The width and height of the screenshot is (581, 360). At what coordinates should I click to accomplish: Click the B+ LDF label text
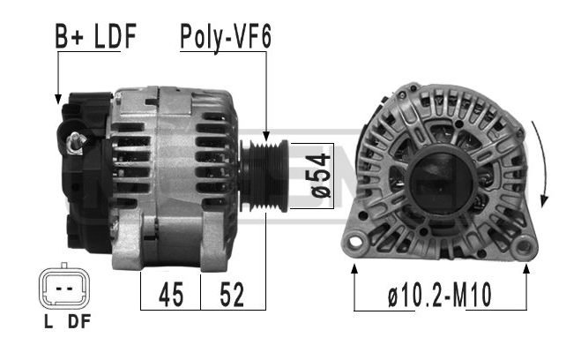pyautogui.click(x=96, y=36)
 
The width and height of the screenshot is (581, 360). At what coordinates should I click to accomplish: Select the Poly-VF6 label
pyautogui.click(x=226, y=37)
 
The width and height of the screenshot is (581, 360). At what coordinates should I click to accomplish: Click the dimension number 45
pyautogui.click(x=171, y=295)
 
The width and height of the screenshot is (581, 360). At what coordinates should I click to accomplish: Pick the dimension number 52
pyautogui.click(x=232, y=295)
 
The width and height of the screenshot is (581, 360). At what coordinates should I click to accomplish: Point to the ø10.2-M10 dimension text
pyautogui.click(x=440, y=295)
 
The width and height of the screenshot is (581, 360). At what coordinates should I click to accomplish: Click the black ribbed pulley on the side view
pyautogui.click(x=264, y=176)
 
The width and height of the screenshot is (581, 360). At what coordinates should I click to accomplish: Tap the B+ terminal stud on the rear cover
pyautogui.click(x=76, y=143)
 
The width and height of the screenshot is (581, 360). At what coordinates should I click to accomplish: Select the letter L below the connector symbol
pyautogui.click(x=48, y=321)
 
